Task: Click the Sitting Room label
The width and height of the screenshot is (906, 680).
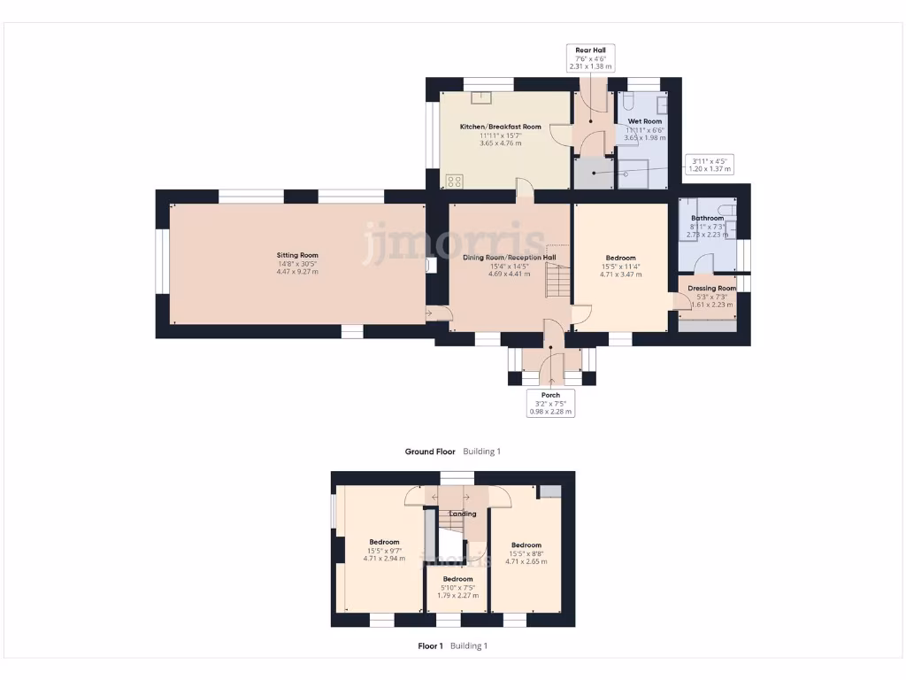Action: (x=296, y=263)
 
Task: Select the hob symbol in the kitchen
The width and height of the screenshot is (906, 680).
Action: (x=455, y=181)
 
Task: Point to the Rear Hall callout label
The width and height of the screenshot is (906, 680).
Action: (x=591, y=58)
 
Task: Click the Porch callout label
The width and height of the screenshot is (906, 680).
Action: (x=551, y=403)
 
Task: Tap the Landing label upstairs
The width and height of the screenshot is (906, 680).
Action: (x=463, y=514)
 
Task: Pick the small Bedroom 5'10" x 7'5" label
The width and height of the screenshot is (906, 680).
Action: (x=457, y=587)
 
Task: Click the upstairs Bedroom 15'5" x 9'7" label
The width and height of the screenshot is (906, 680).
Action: (x=384, y=550)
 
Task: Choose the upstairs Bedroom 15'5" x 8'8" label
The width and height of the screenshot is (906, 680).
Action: (x=526, y=552)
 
